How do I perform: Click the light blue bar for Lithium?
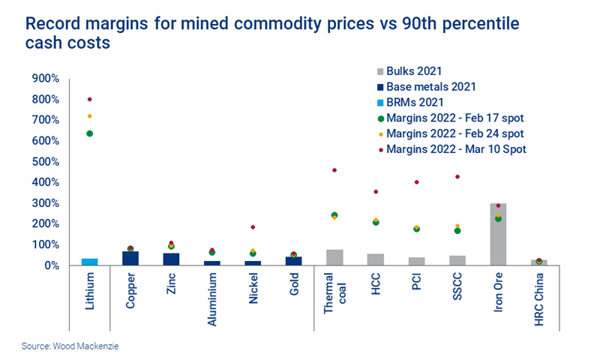click(x=89, y=262)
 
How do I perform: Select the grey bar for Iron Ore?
click(x=498, y=235)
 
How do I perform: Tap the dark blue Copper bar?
click(x=130, y=258)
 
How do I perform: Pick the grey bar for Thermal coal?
click(x=334, y=257)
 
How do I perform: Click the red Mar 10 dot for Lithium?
click(x=90, y=99)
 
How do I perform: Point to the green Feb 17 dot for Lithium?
click(x=90, y=133)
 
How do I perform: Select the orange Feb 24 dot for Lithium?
click(x=90, y=116)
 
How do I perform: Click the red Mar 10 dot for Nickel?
click(x=253, y=226)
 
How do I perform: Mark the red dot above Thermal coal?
click(x=334, y=170)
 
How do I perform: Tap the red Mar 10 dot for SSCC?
click(x=457, y=177)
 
